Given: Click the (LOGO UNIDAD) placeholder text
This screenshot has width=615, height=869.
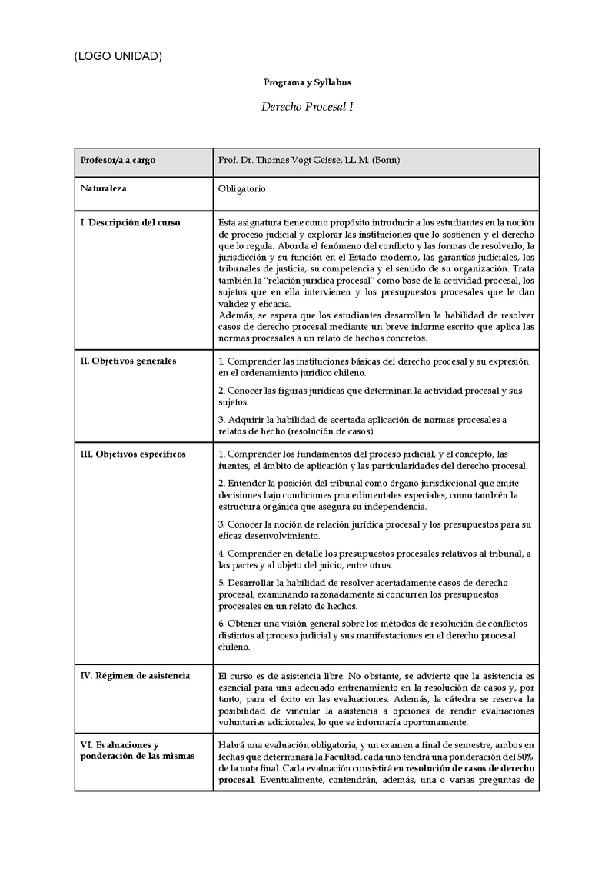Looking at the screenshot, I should (x=118, y=56).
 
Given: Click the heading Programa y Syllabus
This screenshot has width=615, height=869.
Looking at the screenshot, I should (x=307, y=82).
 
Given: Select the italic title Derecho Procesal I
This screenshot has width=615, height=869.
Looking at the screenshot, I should (x=307, y=107).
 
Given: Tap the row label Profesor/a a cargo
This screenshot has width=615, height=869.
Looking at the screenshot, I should (x=118, y=160).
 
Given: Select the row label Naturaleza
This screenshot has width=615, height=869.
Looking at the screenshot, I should (x=104, y=188).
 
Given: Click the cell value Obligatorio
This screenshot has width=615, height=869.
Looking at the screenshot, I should (x=242, y=188).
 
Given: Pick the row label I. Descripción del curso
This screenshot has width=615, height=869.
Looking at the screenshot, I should (x=131, y=222).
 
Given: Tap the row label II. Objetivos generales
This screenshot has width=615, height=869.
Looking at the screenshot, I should (x=128, y=361).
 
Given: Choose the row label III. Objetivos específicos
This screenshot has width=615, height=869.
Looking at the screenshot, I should (x=133, y=454).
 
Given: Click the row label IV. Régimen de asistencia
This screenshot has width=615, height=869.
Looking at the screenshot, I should (x=135, y=675).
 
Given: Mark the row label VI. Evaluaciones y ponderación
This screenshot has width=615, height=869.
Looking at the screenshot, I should (x=138, y=751).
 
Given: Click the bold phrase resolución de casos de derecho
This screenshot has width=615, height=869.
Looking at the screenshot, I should (x=471, y=768).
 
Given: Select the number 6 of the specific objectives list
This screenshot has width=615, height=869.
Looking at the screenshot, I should (x=221, y=623).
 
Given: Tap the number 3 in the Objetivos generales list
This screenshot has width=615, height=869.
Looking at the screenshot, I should (x=221, y=419).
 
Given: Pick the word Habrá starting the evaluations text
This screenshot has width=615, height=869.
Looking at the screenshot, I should (x=231, y=745).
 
